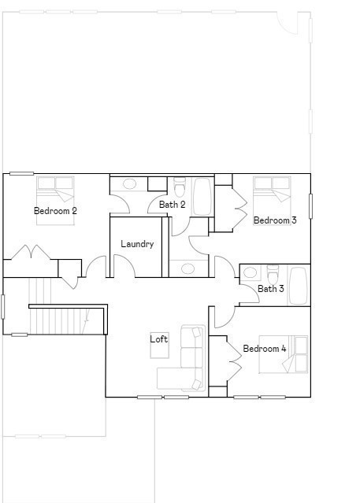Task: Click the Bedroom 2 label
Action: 55,211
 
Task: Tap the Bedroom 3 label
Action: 274,220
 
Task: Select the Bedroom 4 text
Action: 264,349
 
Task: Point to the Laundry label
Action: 137,244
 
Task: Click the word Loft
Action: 159,339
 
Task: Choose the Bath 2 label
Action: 172,205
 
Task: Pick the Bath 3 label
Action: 271,289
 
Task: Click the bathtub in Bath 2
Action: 202,196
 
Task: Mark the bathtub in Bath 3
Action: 298,285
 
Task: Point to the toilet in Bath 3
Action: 273,275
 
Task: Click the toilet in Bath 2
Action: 180,189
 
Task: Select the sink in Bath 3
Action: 251,274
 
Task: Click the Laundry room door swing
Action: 124,266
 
